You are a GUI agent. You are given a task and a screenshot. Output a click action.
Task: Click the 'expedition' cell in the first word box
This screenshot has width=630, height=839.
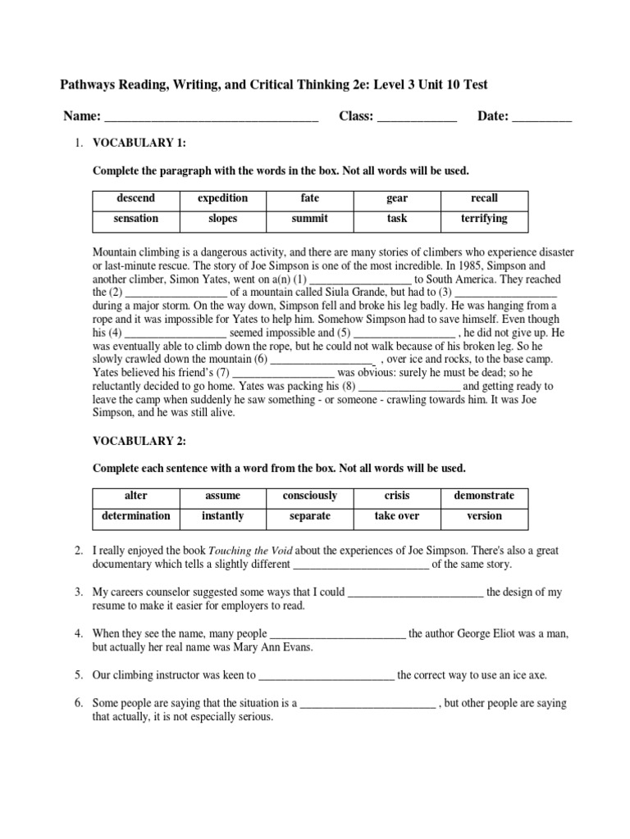[x=222, y=198]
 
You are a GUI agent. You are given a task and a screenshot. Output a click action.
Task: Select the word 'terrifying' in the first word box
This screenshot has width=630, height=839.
[x=484, y=219]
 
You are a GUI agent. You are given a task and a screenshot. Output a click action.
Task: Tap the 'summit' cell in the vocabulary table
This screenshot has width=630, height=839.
[x=309, y=219]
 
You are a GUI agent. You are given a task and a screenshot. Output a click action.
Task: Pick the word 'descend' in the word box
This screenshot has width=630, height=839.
[x=135, y=198]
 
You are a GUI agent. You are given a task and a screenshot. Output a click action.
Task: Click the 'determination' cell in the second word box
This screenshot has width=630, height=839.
[x=135, y=516]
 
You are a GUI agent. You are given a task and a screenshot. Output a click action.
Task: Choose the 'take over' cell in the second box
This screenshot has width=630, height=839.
[x=397, y=516]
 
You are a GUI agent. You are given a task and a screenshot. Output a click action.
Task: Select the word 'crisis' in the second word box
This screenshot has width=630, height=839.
[x=397, y=496]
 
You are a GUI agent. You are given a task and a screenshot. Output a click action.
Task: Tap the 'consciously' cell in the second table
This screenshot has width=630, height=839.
[x=309, y=496]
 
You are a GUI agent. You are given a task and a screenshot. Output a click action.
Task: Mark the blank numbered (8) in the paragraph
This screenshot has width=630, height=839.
[x=410, y=386]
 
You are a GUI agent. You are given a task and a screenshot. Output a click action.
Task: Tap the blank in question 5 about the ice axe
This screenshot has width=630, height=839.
[x=326, y=676]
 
